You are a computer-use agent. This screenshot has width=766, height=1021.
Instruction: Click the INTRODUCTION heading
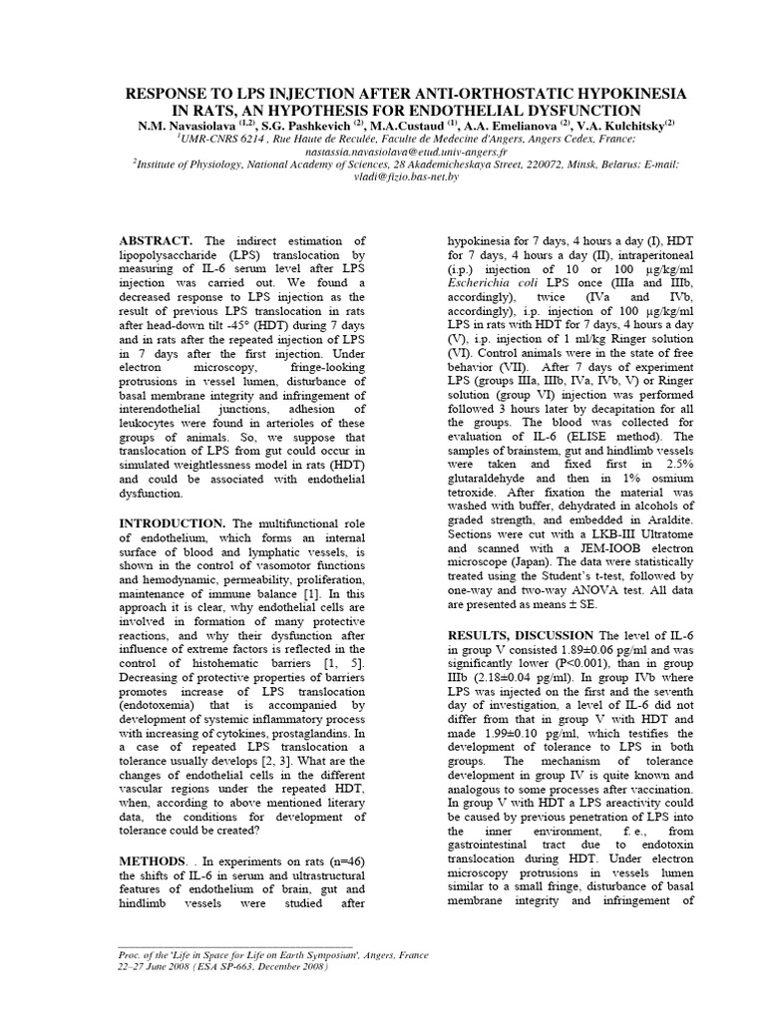(173, 523)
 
